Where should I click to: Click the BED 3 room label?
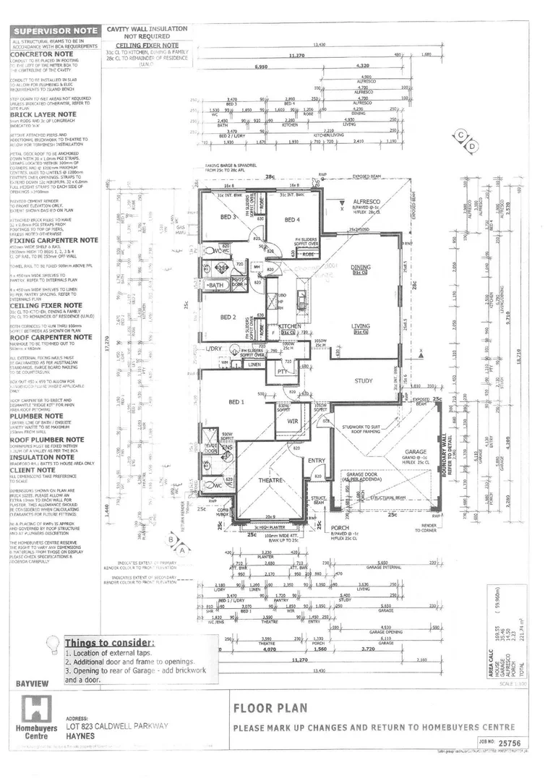click(228, 218)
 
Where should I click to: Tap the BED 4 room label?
click(292, 220)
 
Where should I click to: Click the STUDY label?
click(364, 380)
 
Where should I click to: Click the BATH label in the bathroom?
click(215, 286)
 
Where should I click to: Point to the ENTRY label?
click(317, 460)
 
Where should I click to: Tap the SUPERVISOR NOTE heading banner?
click(55, 31)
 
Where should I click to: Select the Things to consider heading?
click(109, 643)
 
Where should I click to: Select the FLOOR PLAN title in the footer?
click(270, 708)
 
